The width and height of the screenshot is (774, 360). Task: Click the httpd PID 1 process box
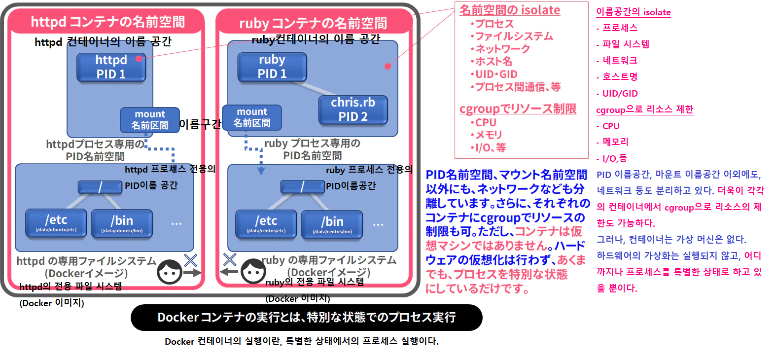pyautogui.click(x=111, y=67)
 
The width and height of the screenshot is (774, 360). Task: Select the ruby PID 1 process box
pyautogui.click(x=272, y=67)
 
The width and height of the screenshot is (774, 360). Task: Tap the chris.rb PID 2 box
pyautogui.click(x=352, y=109)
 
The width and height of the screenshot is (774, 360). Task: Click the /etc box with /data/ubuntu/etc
pyautogui.click(x=56, y=223)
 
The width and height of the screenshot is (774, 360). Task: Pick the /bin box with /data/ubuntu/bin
pyautogui.click(x=122, y=224)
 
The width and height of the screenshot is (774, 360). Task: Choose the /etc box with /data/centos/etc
pyautogui.click(x=266, y=224)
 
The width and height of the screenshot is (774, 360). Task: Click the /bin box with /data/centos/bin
pyautogui.click(x=332, y=225)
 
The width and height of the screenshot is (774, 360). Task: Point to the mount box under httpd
pyautogui.click(x=150, y=120)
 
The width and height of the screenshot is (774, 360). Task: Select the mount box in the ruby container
pyautogui.click(x=251, y=117)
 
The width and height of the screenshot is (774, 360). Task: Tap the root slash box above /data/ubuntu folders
pyautogui.click(x=100, y=187)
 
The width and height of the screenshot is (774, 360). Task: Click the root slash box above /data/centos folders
pyautogui.click(x=302, y=187)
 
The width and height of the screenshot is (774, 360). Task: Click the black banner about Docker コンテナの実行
pyautogui.click(x=306, y=317)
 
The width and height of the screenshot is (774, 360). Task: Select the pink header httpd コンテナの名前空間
pyautogui.click(x=107, y=22)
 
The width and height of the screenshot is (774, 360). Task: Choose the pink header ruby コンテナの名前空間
pyautogui.click(x=313, y=23)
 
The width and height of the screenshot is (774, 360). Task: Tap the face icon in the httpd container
pyautogui.click(x=170, y=272)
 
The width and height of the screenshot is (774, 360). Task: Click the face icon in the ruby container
pyautogui.click(x=253, y=271)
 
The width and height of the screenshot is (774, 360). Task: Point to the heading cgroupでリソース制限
pyautogui.click(x=518, y=109)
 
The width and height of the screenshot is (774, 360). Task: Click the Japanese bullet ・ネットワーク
pyautogui.click(x=500, y=49)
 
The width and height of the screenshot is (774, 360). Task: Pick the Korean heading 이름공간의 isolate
pyautogui.click(x=633, y=12)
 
